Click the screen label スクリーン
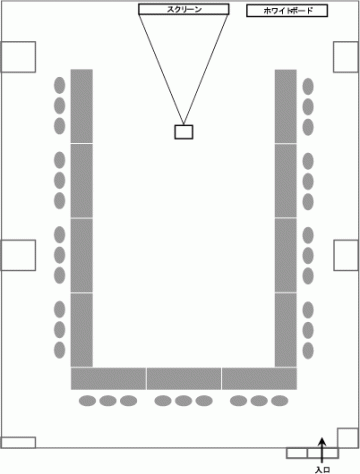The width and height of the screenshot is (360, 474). pos(184,9)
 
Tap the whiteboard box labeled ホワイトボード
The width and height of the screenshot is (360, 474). pos(287,11)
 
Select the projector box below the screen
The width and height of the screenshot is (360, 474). pos(184,132)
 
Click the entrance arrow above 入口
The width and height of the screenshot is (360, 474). pos(322,450)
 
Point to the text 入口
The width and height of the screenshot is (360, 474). pos(322,470)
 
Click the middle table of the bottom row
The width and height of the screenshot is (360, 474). pos(184,379)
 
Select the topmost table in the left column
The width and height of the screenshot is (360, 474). pos(82,106)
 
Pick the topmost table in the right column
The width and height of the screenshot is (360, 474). pos(286,106)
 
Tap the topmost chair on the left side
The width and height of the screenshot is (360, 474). pos(60,85)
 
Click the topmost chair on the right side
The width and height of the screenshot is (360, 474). pos(308,86)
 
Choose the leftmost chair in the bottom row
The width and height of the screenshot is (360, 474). pos(87,401)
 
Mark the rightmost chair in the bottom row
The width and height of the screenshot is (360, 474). pos(279,401)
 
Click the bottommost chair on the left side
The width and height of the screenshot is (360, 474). pos(60,350)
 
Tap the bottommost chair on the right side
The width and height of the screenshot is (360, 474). pos(308,351)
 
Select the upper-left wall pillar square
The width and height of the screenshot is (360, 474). pos(18,57)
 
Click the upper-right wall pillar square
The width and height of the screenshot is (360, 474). pos(346,57)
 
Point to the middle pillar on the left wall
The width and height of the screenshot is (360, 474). pos(18,255)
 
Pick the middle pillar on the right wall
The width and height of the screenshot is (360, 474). pos(346,255)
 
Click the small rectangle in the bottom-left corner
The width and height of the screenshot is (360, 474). pos(18,442)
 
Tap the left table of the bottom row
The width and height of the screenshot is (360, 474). pos(108,379)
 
